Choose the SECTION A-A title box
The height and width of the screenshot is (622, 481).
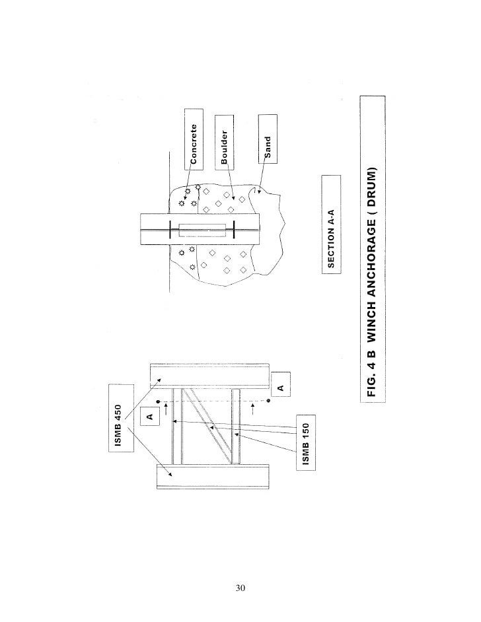click(330, 223)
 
